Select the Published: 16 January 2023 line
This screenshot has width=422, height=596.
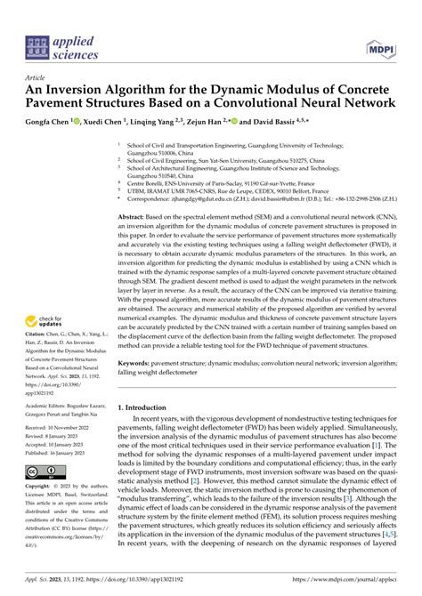coord(69,451)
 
